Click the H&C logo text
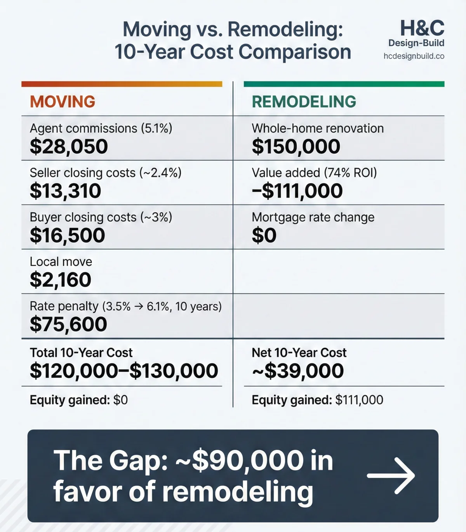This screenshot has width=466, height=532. point(422,28)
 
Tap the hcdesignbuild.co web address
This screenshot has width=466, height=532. point(414,56)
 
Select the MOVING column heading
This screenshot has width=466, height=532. point(63,102)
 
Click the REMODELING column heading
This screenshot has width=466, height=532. point(304,102)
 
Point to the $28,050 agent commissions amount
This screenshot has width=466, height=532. point(69,147)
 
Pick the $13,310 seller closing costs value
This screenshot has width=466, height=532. point(65,191)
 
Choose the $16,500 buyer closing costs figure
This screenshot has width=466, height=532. point(67,236)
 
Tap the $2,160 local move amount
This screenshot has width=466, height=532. point(61,280)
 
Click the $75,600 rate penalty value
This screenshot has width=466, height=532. point(68,324)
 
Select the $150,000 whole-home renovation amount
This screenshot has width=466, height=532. point(296,147)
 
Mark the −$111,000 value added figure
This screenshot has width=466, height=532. point(297,191)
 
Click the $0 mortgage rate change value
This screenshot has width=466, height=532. point(264,236)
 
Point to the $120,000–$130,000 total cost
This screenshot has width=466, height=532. point(124,371)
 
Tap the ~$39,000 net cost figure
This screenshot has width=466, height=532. point(297,371)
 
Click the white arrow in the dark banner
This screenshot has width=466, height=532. point(391,475)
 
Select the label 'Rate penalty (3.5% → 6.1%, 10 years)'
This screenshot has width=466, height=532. point(125,307)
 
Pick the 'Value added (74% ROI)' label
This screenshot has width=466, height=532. point(314,173)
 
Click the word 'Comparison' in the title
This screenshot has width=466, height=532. point(295,52)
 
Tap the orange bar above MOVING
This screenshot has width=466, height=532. point(122,84)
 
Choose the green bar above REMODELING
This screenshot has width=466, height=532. point(344,84)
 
